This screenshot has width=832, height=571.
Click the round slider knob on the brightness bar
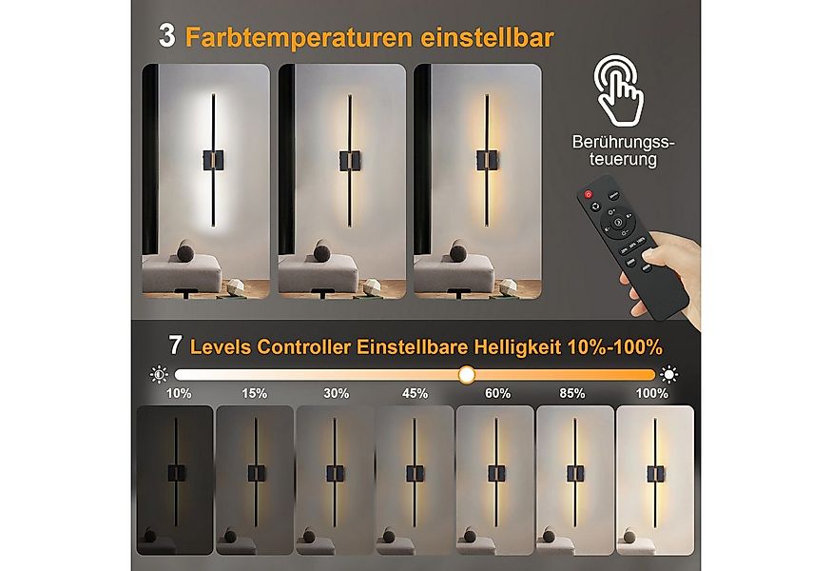(466, 375)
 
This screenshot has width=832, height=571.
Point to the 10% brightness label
(179, 393)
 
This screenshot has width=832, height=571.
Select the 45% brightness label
(415, 393)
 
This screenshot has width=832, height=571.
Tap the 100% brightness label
(652, 393)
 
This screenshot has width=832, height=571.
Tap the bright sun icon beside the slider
(670, 374)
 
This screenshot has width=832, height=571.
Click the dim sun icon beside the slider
(158, 374)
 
